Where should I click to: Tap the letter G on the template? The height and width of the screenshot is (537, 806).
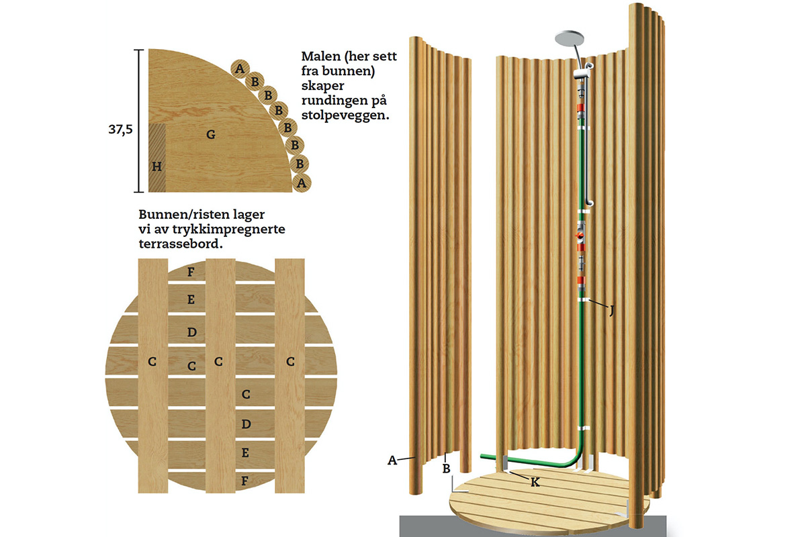point(210,135)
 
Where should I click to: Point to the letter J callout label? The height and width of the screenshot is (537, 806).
point(611,310)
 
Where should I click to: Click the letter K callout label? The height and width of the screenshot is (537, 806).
point(535,481)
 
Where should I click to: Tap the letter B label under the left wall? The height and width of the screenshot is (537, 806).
point(445,468)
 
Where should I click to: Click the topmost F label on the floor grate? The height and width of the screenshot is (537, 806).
point(191,272)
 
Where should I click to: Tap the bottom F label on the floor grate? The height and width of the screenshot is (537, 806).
point(246,481)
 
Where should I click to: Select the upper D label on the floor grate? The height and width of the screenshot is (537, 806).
point(191,332)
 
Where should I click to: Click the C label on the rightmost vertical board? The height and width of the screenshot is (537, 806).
point(290,362)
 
